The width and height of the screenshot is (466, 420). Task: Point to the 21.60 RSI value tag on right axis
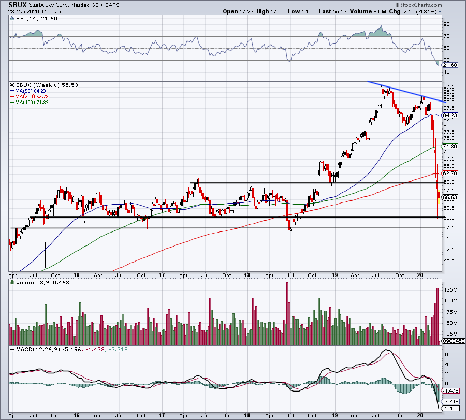coord(448,64)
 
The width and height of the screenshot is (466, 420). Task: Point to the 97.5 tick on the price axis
coord(448,86)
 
